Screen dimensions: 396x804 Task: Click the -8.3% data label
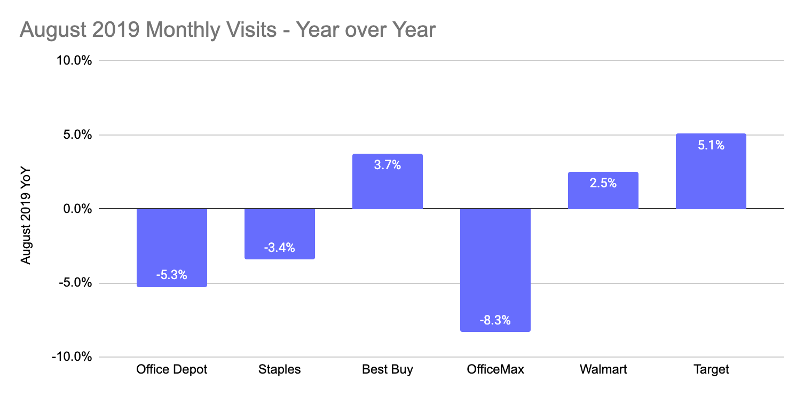click(495, 321)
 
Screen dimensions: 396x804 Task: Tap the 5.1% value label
click(711, 145)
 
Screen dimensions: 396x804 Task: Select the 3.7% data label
click(388, 165)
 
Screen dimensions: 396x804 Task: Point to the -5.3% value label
click(172, 276)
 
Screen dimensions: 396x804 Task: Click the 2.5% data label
click(603, 183)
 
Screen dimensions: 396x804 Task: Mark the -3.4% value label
click(280, 248)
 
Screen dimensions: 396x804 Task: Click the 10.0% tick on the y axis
click(74, 61)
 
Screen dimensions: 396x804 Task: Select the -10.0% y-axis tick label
click(72, 357)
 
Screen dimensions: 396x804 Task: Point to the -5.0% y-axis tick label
click(74, 283)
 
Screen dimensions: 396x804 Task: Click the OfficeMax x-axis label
click(495, 369)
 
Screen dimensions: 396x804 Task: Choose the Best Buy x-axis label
click(388, 369)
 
